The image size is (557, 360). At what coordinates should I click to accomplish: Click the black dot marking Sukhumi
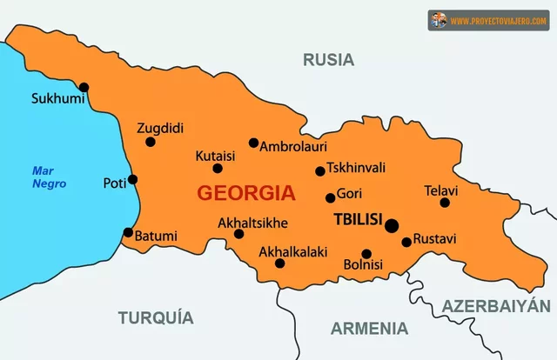point(84,86)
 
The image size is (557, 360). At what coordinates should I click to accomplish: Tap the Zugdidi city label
point(160,128)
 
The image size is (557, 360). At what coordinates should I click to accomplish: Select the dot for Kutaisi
point(218,168)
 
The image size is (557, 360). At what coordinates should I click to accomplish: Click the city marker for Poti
point(132,180)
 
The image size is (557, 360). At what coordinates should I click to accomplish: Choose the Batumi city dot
point(128,232)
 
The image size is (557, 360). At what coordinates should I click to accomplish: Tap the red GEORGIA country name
point(245,193)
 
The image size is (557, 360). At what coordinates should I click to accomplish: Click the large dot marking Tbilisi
point(392,225)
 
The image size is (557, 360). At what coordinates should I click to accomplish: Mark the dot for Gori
point(330,197)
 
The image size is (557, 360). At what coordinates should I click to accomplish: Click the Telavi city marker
point(445,203)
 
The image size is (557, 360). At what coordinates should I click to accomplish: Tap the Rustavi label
point(435,238)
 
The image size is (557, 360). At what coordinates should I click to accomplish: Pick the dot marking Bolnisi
point(366,254)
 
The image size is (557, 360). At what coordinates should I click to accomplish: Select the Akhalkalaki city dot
point(279,263)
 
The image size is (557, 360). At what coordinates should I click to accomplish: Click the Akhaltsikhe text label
point(252,223)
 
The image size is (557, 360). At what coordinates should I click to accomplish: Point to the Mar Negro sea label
point(44,177)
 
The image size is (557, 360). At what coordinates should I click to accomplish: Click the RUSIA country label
point(328,60)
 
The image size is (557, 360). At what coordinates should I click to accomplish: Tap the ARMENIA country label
point(369,328)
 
